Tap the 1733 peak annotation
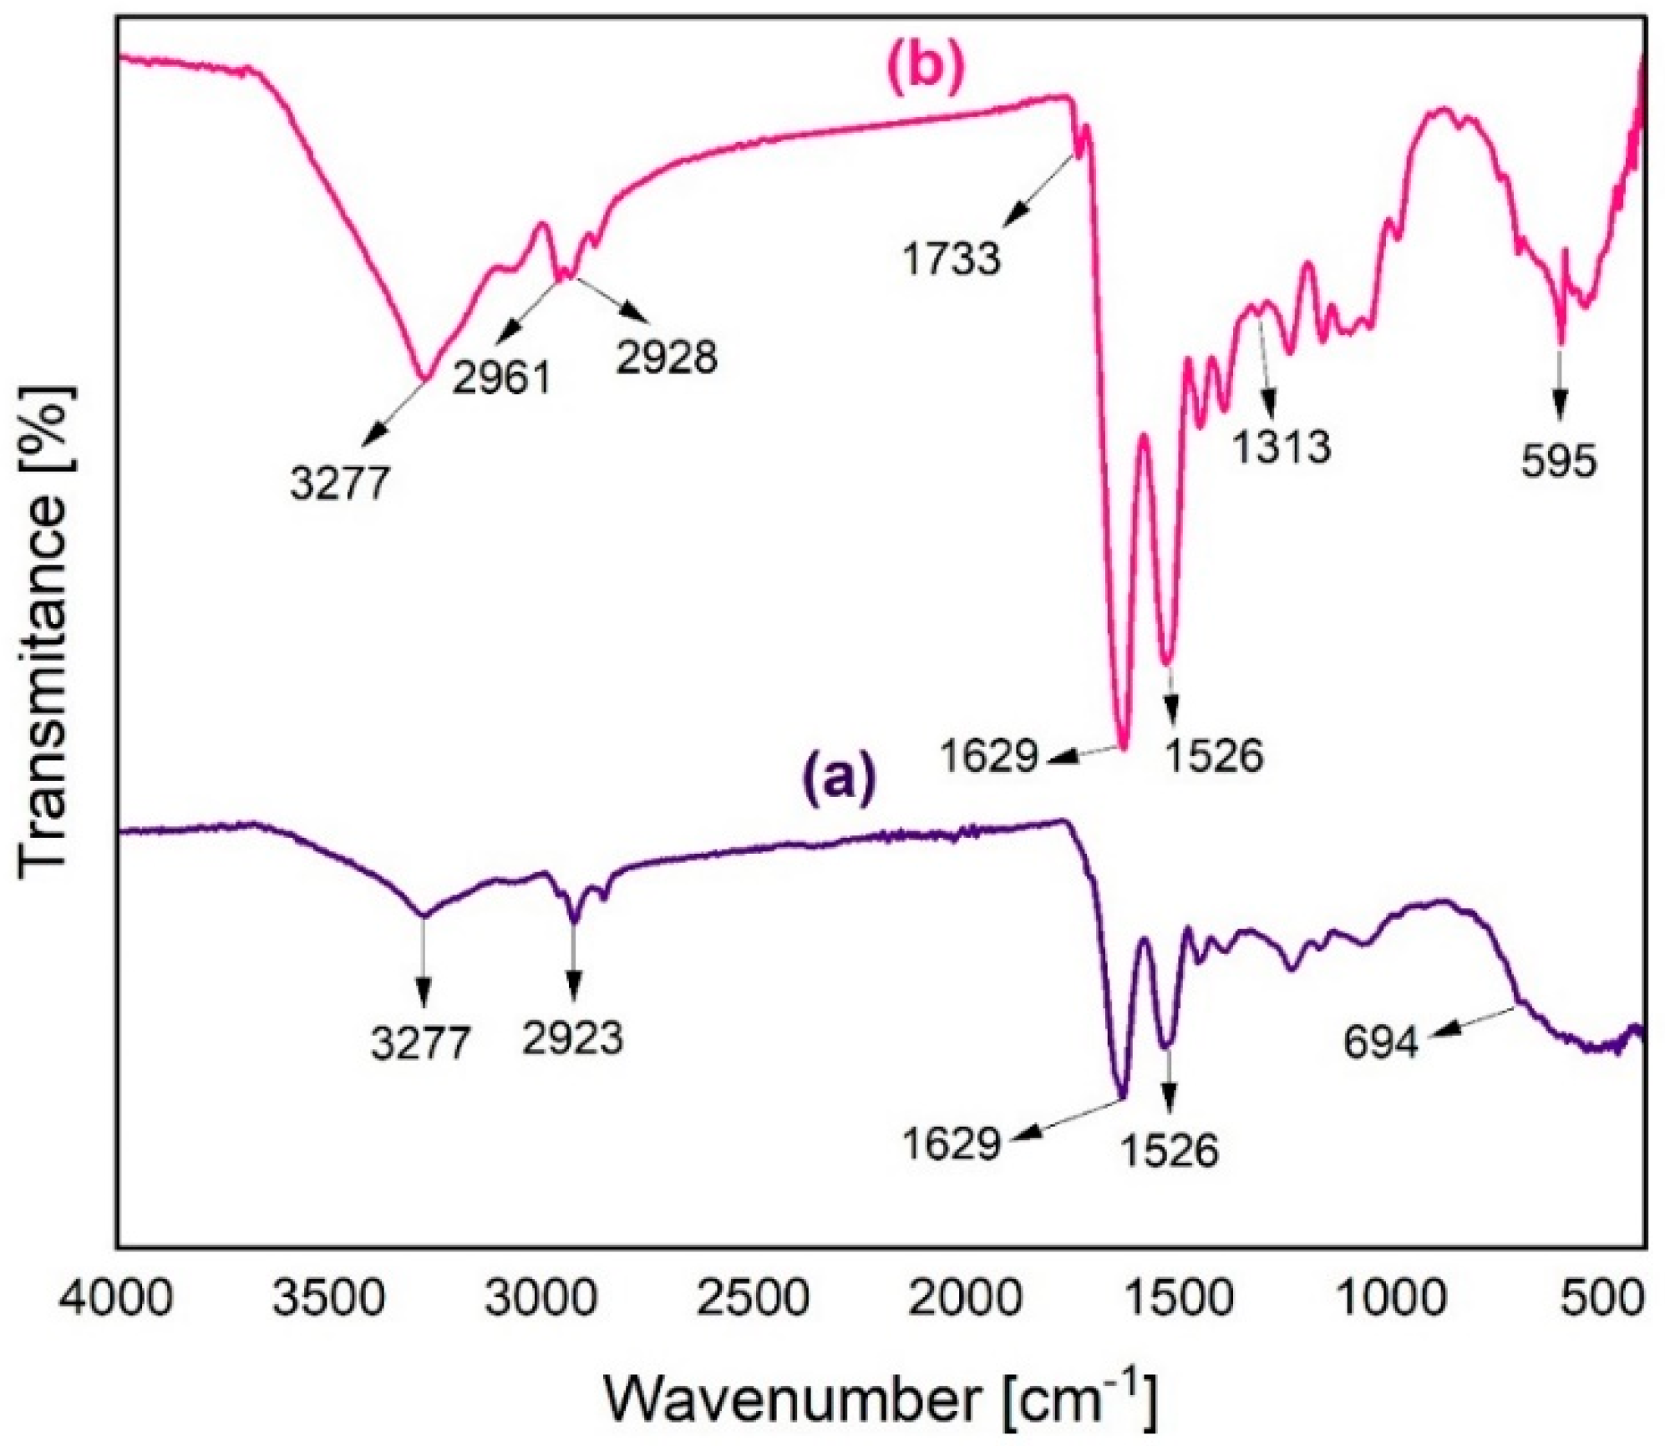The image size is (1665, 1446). coord(951,258)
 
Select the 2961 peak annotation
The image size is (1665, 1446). coord(502,378)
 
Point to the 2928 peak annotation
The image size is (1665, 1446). coord(667,357)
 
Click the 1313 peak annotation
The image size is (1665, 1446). coord(1282,447)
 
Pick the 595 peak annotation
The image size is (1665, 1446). coord(1558,462)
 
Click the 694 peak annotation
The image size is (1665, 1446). coord(1381,1043)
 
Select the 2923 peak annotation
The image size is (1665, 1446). coord(573,1039)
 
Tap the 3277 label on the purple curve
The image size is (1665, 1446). coord(421,1043)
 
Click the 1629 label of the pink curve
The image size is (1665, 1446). coord(989,758)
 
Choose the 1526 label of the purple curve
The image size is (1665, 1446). coord(1169,1150)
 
